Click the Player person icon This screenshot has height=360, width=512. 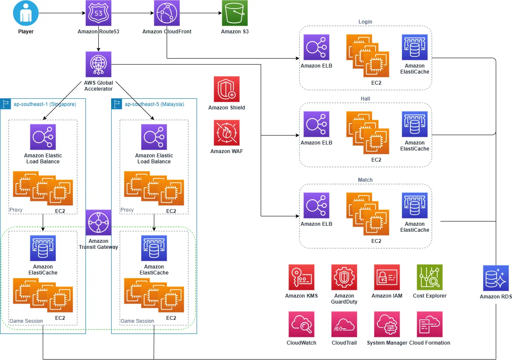point(26,13)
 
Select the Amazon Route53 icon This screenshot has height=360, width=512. point(98,13)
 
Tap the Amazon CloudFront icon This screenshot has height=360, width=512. point(167,13)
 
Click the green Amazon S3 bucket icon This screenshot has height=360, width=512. point(235,13)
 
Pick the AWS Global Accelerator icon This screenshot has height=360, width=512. point(98,65)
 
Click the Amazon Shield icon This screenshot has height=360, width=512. point(227,89)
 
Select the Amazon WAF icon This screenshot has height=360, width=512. point(227,133)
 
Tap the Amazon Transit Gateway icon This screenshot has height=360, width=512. point(98,223)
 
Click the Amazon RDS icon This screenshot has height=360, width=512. point(496,278)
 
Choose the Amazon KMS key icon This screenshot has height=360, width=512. point(301,277)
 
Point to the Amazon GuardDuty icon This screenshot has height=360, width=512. point(344,277)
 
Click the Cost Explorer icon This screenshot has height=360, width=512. point(430,277)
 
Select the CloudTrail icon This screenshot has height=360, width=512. point(344,325)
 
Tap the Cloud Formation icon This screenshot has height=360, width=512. point(430,325)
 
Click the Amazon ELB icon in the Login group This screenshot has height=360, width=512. point(316,47)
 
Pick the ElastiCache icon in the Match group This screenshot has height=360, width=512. point(415,206)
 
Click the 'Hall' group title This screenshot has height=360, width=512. point(365,99)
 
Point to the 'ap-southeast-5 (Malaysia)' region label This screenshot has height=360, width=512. point(154,104)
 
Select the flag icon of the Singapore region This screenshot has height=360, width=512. point(6,104)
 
